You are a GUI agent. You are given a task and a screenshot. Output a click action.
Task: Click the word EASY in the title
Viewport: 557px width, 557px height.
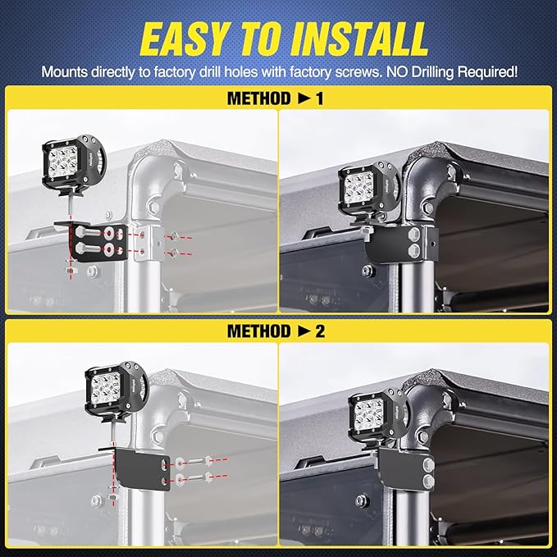pos(184,39)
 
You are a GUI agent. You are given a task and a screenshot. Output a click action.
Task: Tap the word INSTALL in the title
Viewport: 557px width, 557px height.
pos(359,39)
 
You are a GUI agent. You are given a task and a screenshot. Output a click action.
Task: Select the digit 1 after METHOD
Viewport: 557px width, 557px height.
pos(319,98)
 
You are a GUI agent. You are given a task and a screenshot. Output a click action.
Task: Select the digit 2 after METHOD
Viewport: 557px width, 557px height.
pos(320,331)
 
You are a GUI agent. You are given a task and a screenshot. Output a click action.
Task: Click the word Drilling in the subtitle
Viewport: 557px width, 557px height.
pos(432,72)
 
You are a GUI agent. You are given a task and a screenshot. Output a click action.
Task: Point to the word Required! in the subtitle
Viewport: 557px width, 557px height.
pos(487,73)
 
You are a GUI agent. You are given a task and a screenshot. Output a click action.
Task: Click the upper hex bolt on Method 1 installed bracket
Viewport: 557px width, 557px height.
pos(414,235)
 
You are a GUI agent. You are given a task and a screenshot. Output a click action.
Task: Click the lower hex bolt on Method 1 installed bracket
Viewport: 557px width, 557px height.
pos(414,250)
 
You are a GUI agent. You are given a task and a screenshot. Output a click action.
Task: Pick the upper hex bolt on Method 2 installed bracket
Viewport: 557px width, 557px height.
pos(429,464)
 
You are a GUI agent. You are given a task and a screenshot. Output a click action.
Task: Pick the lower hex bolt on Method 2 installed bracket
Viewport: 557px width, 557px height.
pos(429,481)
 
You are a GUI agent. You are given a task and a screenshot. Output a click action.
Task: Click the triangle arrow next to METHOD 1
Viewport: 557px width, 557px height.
pos(305,98)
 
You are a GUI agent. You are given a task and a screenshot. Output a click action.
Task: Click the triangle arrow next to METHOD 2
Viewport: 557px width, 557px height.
pos(305,331)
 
